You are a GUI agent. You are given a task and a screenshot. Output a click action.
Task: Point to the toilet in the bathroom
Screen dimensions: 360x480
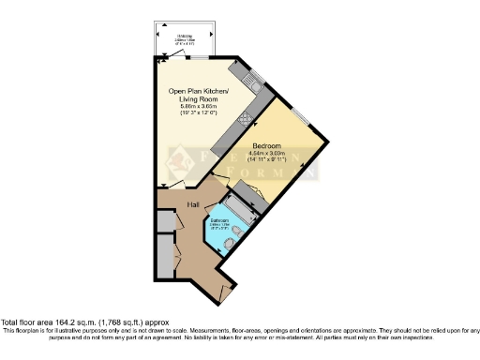coord(239,232)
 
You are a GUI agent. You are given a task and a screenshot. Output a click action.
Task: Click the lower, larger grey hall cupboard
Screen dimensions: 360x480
coord(164,255)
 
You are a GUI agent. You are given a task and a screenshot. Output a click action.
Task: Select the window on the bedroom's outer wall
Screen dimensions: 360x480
coord(300,116)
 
